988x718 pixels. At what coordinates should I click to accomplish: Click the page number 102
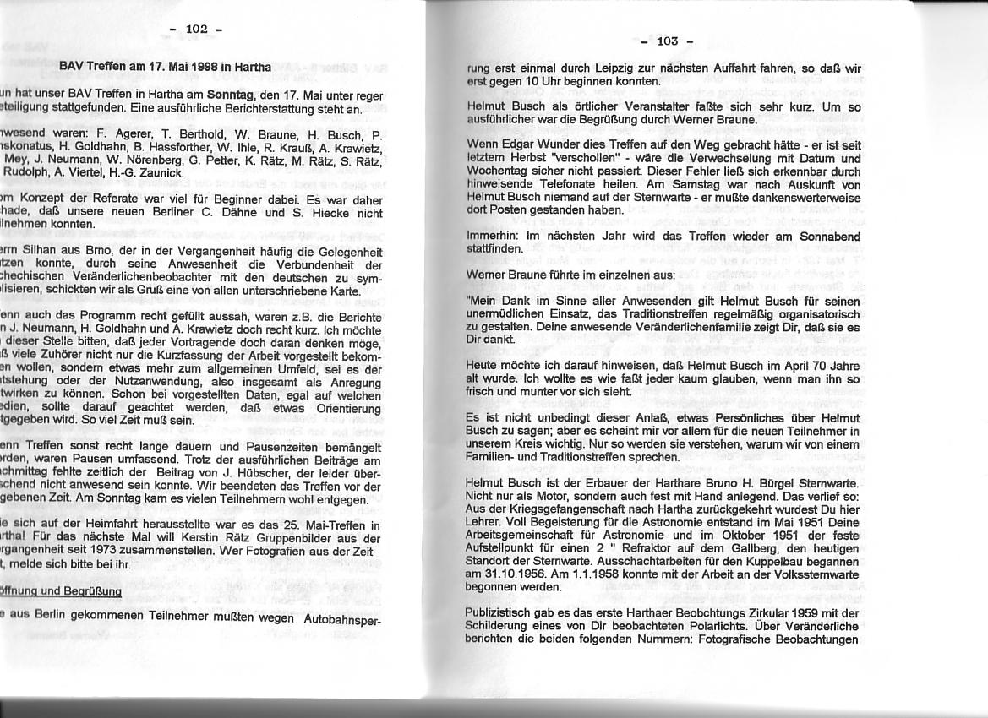point(196,29)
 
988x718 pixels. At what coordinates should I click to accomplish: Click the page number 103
point(667,40)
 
